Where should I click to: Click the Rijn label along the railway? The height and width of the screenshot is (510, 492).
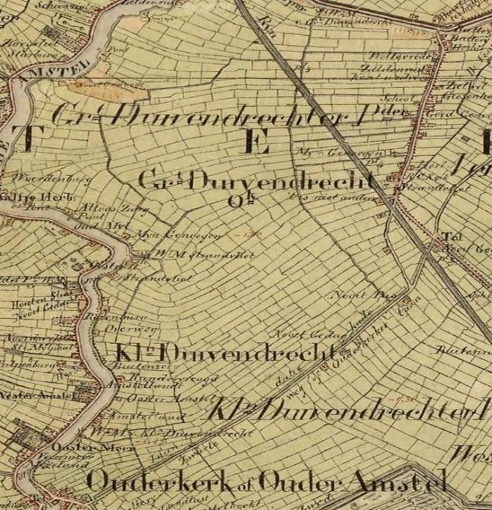click(x=266, y=28)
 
